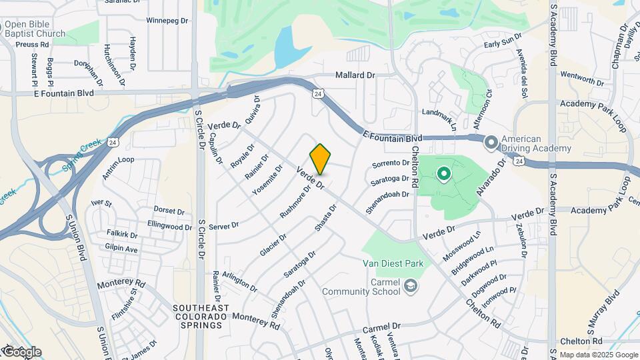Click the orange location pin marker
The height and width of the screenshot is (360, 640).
[x=321, y=159]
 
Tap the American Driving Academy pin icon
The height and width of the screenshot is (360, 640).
[x=491, y=142]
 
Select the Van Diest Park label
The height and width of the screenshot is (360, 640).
[x=393, y=263]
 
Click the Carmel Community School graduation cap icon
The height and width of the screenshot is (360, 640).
[x=411, y=286]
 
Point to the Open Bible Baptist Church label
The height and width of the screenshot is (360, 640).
[x=35, y=29]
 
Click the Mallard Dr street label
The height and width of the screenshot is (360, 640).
[x=355, y=75]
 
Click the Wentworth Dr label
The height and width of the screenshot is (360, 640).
[x=581, y=79]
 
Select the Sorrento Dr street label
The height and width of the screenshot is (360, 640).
[x=390, y=163]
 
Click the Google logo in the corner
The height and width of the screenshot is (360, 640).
[x=22, y=351]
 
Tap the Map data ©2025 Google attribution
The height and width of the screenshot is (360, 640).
[x=597, y=355]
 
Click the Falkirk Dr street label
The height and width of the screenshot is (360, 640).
[x=121, y=235]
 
